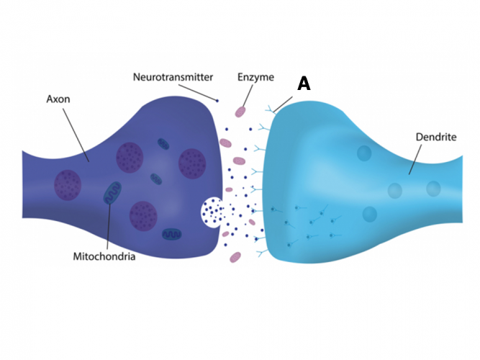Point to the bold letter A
click(x=304, y=84)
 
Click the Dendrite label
click(x=436, y=136)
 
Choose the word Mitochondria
click(x=104, y=256)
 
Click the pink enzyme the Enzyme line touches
click(x=240, y=112)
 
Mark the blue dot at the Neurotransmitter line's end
click(x=217, y=99)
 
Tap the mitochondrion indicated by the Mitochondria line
click(x=112, y=193)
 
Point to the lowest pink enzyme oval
click(x=235, y=256)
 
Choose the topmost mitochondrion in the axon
click(x=163, y=147)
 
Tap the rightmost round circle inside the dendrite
click(x=433, y=189)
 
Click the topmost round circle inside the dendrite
click(x=364, y=153)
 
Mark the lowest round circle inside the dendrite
click(x=370, y=214)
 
